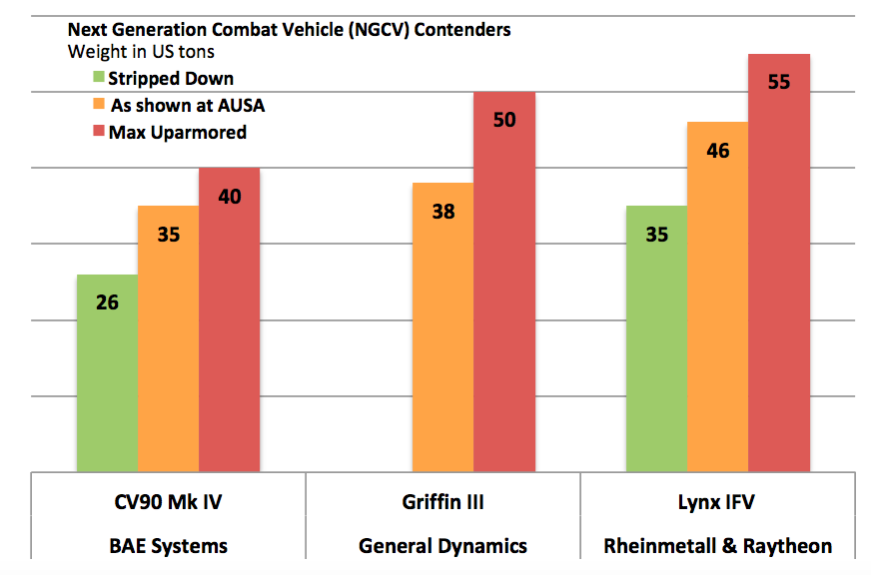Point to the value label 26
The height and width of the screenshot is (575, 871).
click(x=108, y=300)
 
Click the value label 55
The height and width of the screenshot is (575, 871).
click(x=779, y=82)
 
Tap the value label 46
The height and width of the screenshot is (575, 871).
click(x=717, y=151)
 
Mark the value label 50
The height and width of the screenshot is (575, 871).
click(x=504, y=120)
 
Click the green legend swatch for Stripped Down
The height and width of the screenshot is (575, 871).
click(x=99, y=78)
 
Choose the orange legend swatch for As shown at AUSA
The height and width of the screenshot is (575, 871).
click(x=99, y=104)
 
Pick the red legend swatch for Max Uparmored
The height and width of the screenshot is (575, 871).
click(x=99, y=131)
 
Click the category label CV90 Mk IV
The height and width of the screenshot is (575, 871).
click(x=168, y=502)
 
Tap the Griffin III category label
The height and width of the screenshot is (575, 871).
click(x=442, y=502)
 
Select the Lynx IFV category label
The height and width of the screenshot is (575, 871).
click(x=716, y=502)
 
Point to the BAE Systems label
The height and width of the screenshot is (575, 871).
click(x=168, y=546)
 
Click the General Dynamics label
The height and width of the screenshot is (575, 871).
click(x=442, y=546)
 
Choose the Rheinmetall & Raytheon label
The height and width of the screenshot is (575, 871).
click(x=716, y=546)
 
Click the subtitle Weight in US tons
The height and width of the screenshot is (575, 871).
click(x=141, y=51)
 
